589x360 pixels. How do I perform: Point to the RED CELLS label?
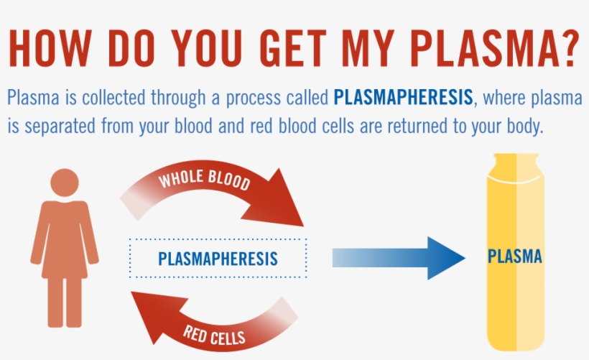coord(214,333)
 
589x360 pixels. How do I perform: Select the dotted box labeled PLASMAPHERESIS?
coord(218,258)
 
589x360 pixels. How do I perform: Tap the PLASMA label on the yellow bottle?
coord(514,257)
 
